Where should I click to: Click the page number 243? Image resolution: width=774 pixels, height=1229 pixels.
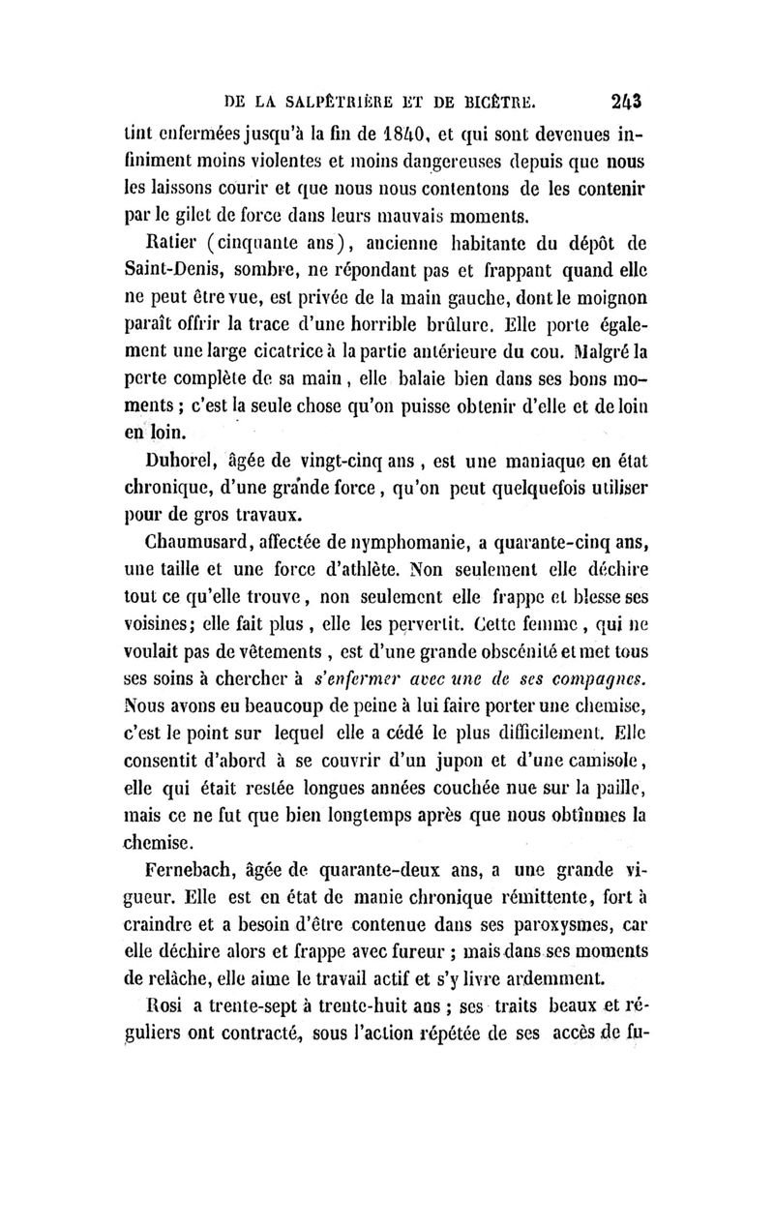pyautogui.click(x=630, y=99)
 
